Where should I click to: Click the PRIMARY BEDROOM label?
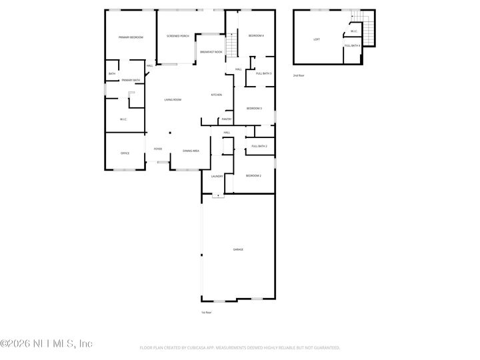point(131,37)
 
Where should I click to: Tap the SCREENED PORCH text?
point(178,36)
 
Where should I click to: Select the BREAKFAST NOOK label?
point(211,51)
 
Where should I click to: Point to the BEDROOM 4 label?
point(256,35)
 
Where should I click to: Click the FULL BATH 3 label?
point(263,73)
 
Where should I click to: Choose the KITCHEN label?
point(217,95)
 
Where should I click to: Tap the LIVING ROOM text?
point(173,99)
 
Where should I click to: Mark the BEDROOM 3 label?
point(254,108)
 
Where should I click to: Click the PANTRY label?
point(227,119)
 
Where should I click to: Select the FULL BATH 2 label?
point(259,146)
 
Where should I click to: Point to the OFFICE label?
point(125,153)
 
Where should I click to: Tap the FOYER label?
point(158,149)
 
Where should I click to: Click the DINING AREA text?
point(191,151)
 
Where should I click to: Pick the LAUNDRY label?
point(217,176)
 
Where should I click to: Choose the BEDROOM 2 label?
point(253,175)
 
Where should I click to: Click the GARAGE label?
point(238,249)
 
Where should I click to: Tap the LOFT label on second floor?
point(317,39)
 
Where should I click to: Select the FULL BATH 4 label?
point(353,45)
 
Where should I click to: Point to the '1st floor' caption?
point(207,312)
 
